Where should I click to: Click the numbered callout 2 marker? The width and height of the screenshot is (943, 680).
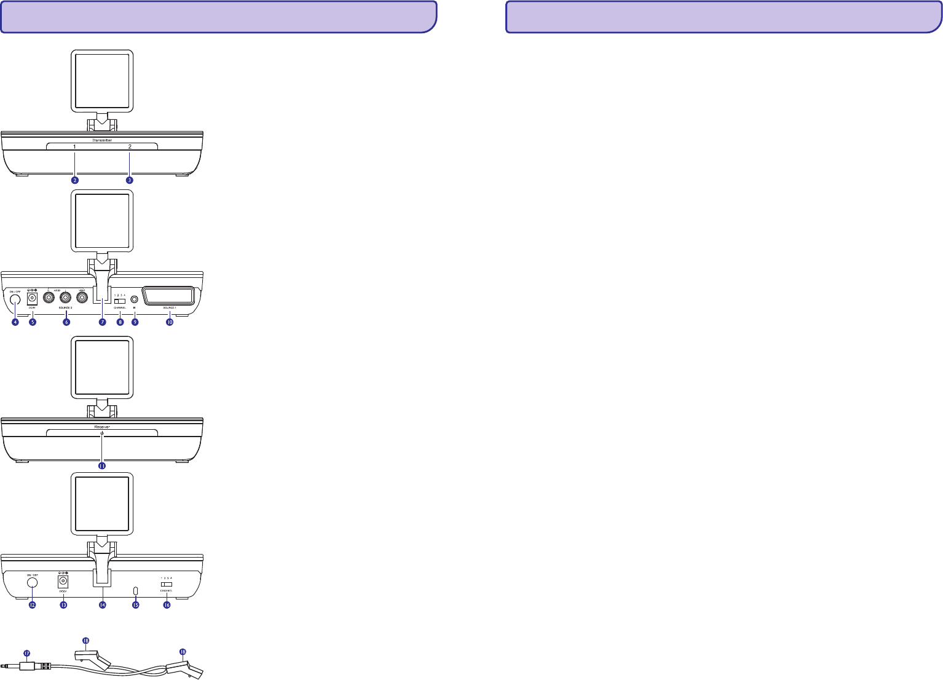(x=75, y=180)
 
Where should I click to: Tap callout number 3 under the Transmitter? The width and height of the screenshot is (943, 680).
(x=130, y=180)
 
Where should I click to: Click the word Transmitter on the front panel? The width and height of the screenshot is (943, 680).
(x=102, y=141)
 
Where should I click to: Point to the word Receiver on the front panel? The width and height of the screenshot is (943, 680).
(x=102, y=425)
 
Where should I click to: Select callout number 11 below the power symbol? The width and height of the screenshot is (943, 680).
(x=102, y=466)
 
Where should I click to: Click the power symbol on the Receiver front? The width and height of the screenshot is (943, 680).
(x=102, y=435)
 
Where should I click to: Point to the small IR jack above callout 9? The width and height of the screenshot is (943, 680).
(x=134, y=299)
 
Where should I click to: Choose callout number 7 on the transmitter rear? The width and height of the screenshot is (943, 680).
(x=102, y=322)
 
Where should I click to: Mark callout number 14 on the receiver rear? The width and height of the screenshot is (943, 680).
(x=102, y=605)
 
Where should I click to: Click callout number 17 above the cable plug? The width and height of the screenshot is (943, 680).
(x=26, y=653)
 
